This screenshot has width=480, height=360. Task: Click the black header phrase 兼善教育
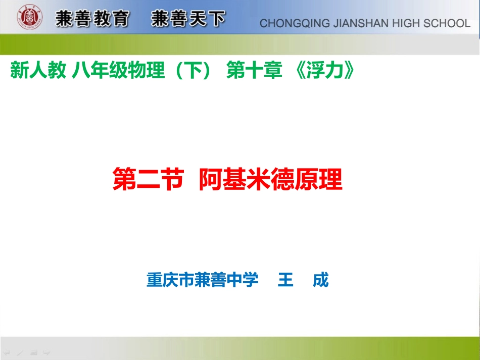(x=92, y=19)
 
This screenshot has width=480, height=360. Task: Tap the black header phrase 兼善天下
(x=187, y=19)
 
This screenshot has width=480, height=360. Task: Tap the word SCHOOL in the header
(x=447, y=23)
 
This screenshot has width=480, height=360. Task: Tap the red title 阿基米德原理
(x=271, y=179)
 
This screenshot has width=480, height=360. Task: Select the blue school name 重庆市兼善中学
(x=202, y=279)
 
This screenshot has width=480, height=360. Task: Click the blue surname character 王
(x=285, y=279)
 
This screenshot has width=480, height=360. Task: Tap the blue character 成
(x=320, y=279)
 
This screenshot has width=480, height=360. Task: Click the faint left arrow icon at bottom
(x=7, y=352)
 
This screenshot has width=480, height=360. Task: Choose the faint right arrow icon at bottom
(x=46, y=352)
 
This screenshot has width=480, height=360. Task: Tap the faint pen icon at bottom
(x=20, y=352)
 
